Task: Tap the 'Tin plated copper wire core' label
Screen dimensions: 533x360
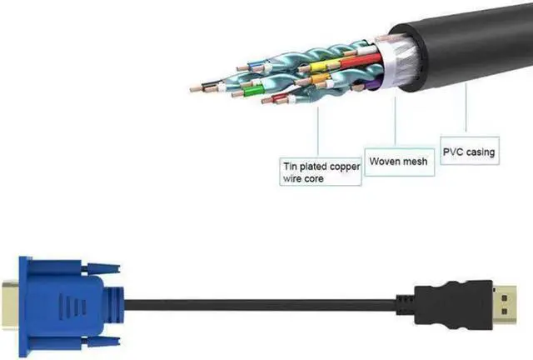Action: (321, 172)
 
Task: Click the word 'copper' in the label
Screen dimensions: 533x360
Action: (343, 167)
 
